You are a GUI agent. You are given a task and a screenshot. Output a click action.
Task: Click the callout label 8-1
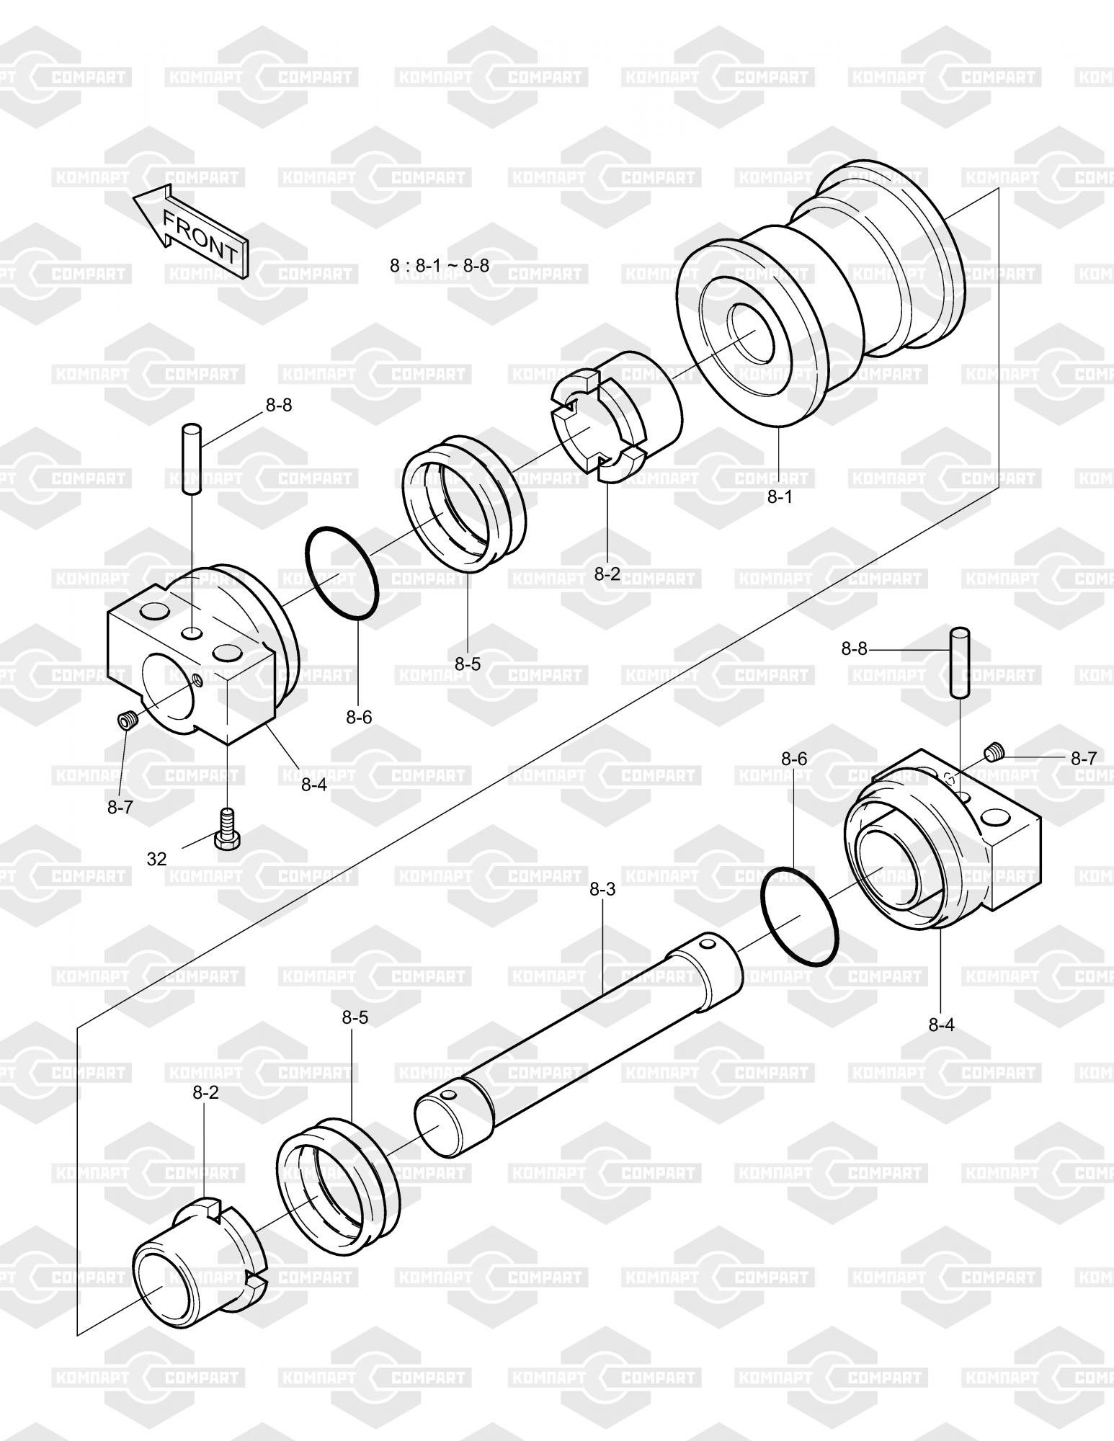[x=779, y=497]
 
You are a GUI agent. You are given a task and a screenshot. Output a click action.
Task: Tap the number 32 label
[x=157, y=859]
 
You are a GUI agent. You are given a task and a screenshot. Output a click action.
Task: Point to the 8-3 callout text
[x=602, y=890]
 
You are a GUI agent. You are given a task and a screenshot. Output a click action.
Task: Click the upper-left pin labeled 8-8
[x=192, y=458]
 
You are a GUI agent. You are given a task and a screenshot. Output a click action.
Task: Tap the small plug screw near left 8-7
[x=127, y=720]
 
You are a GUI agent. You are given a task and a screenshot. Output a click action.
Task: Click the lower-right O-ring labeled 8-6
[x=800, y=918]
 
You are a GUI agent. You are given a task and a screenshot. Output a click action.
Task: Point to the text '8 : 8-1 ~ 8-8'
[x=440, y=266]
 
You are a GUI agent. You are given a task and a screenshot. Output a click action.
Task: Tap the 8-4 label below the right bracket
[x=941, y=1025]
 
